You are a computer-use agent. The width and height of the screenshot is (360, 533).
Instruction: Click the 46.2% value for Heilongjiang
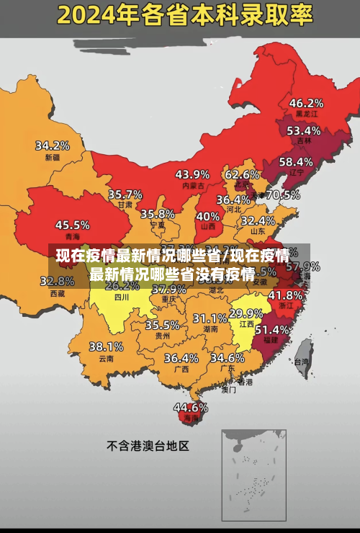click(x=306, y=102)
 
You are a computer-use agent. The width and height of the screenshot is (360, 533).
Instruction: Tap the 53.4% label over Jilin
click(x=303, y=130)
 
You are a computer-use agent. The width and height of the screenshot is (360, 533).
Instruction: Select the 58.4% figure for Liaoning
click(x=296, y=161)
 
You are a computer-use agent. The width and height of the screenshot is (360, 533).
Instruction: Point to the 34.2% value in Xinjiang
click(x=53, y=145)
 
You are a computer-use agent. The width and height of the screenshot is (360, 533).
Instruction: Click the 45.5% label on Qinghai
click(x=72, y=225)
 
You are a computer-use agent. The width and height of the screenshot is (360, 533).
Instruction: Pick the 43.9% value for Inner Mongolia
click(x=192, y=174)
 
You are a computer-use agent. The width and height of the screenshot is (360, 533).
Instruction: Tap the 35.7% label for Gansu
click(x=125, y=194)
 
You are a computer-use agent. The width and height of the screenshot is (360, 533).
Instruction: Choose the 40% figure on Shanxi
click(x=207, y=215)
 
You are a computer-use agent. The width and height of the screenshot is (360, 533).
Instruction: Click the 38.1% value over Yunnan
click(x=106, y=346)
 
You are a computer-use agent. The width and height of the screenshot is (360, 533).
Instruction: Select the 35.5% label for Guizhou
click(x=162, y=325)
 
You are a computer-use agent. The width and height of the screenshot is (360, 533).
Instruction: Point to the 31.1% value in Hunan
click(x=210, y=318)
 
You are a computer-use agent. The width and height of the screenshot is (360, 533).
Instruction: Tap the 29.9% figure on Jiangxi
click(x=246, y=313)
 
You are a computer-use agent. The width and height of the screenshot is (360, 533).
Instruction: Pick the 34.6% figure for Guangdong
click(x=227, y=357)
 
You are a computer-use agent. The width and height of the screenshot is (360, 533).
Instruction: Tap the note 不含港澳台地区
click(x=147, y=446)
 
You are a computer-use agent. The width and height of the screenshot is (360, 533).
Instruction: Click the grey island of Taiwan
click(x=302, y=351)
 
